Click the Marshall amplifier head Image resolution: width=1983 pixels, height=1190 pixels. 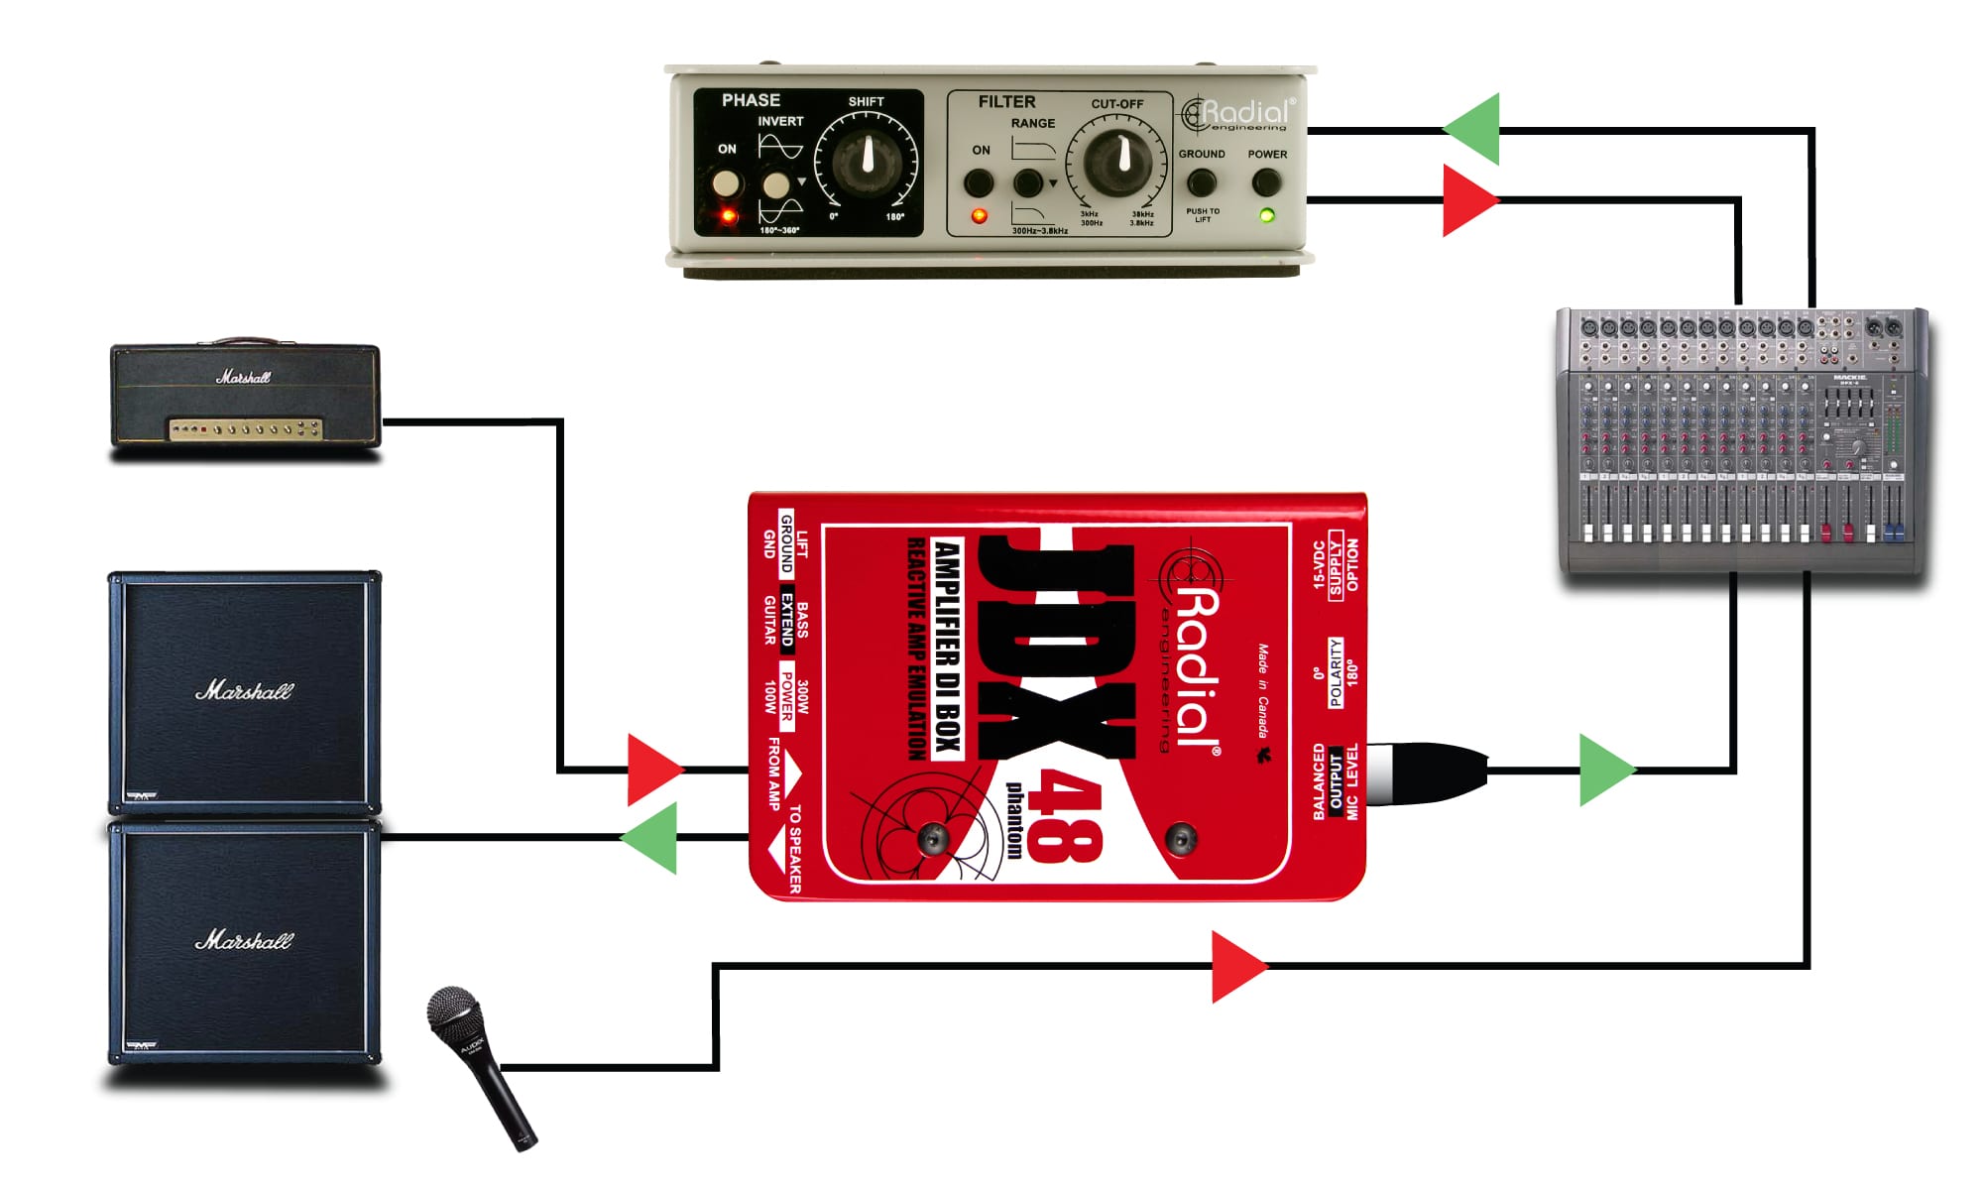(x=245, y=395)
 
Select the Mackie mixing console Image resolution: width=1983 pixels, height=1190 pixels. (x=1742, y=441)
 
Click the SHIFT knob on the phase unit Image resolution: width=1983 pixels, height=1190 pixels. (x=867, y=160)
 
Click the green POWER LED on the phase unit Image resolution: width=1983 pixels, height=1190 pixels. (x=1266, y=215)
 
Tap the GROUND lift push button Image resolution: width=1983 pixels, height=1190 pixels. (x=1202, y=182)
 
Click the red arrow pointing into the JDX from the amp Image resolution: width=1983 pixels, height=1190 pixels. (x=652, y=770)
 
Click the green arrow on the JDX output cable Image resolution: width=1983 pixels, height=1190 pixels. (x=1603, y=770)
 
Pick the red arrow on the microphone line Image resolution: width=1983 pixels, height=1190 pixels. (x=1236, y=966)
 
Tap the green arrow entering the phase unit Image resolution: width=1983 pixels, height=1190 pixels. (x=1474, y=129)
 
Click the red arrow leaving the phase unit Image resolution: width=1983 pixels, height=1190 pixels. (x=1467, y=200)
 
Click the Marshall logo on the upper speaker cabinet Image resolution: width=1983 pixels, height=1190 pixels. (x=244, y=690)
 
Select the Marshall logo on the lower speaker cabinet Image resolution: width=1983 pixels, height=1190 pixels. (x=244, y=939)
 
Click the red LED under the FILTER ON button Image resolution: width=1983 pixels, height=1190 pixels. (x=979, y=215)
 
